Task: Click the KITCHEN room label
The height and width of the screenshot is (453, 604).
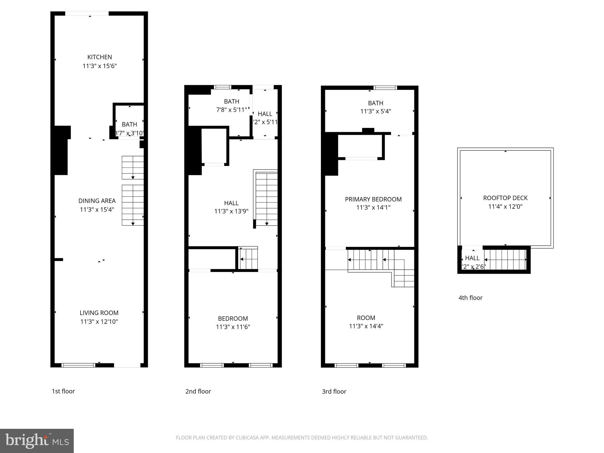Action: (99, 57)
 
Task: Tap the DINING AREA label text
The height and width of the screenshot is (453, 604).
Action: (97, 201)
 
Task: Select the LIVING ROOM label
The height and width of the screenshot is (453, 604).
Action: (99, 313)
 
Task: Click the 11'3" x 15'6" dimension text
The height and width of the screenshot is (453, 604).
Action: (99, 66)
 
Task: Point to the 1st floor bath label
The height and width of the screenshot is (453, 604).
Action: (129, 124)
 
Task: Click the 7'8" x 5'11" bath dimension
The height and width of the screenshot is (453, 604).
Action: (232, 110)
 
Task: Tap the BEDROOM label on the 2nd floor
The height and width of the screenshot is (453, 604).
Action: (233, 319)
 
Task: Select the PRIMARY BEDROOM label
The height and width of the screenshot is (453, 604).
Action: (373, 199)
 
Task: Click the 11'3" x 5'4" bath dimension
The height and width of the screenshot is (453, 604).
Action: (375, 111)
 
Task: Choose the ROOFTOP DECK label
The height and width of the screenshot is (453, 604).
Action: (505, 198)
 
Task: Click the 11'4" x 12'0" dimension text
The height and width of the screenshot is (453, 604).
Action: (505, 207)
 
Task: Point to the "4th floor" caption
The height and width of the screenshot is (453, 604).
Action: (470, 298)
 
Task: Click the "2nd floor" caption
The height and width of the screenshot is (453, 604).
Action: (198, 391)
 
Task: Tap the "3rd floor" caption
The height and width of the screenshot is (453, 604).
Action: (334, 392)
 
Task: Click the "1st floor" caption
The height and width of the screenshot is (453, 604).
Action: (63, 391)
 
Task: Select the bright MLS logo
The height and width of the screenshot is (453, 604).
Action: (37, 441)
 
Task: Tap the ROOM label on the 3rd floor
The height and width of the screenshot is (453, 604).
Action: (366, 318)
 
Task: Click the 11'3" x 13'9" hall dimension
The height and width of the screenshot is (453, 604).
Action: (231, 211)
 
